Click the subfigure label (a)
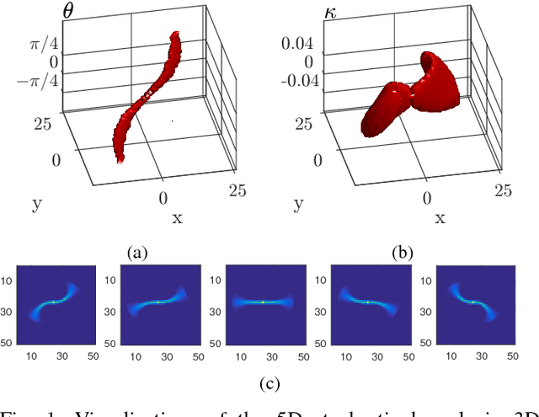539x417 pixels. [x=137, y=251]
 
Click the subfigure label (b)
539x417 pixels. [x=403, y=251]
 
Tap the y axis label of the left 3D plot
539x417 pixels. [x=36, y=203]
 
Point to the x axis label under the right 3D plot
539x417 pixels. [x=440, y=218]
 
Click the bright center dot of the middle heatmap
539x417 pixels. [x=263, y=302]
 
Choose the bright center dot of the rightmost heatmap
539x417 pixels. [x=472, y=302]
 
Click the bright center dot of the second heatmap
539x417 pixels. [x=157, y=302]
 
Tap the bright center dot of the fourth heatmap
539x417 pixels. [x=367, y=302]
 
